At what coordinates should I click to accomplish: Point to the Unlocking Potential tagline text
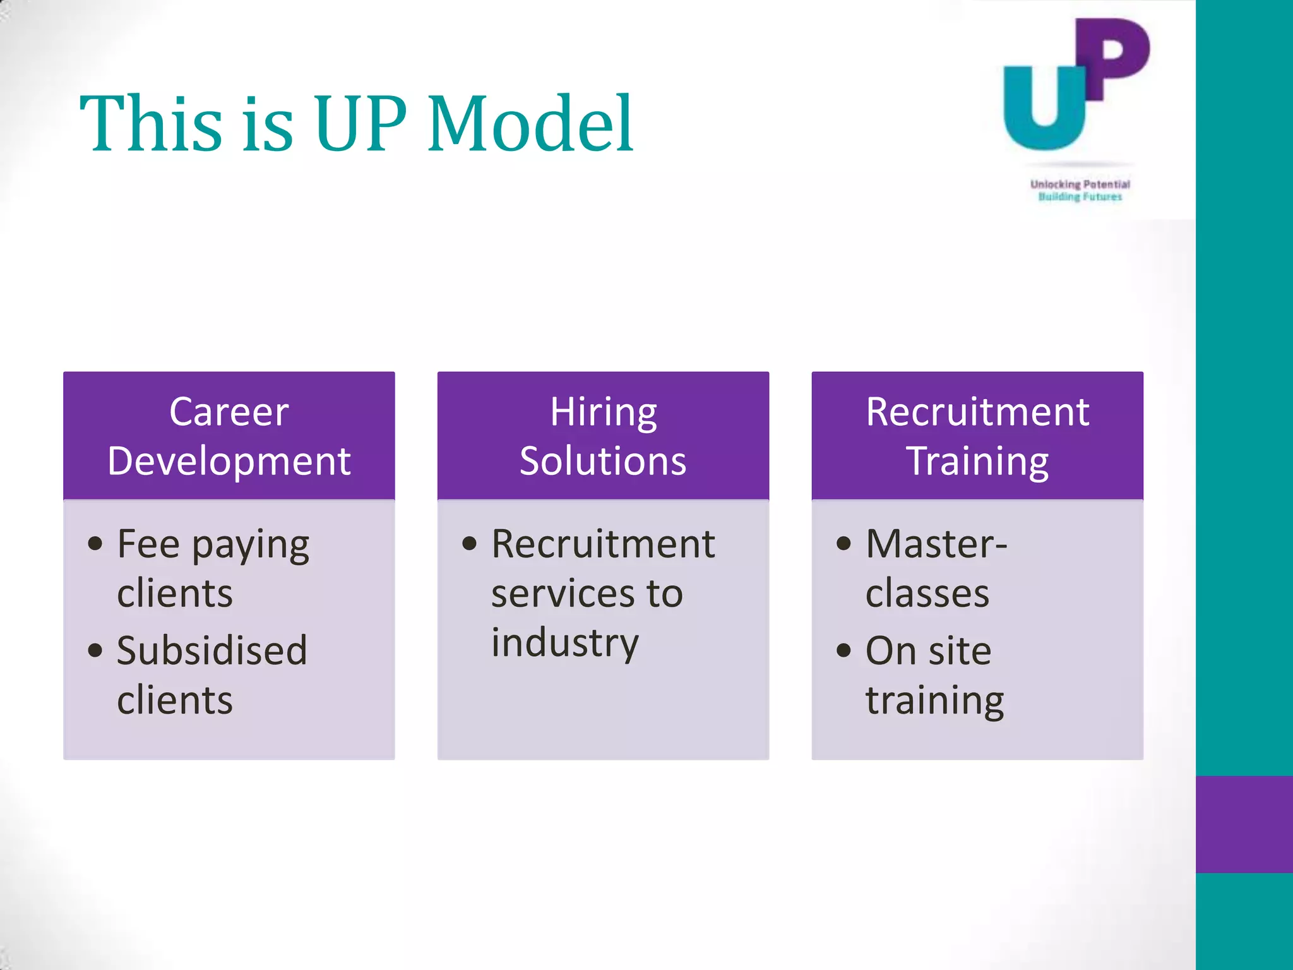[1080, 184]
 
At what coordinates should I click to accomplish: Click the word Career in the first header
[229, 412]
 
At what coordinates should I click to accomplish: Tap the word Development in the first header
[229, 461]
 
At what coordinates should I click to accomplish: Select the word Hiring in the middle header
[603, 412]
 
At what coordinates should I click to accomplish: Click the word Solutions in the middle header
[603, 461]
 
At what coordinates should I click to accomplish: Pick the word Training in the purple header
[977, 461]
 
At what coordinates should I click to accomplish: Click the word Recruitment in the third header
[977, 412]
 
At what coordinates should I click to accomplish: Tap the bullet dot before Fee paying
[95, 544]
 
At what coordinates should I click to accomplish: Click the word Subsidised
[212, 650]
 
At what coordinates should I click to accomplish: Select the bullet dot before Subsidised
[95, 650]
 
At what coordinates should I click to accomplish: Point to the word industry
[565, 643]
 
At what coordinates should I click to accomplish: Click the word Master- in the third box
[936, 544]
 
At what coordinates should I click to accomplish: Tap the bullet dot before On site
[844, 650]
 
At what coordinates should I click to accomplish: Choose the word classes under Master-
[927, 594]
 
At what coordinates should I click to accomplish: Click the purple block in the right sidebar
[1244, 824]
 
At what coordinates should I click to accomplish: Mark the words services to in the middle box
[587, 594]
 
